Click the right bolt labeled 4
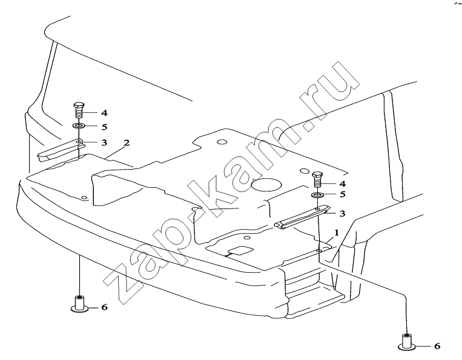[317, 179]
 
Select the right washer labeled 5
[317, 195]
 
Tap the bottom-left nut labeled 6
[79, 304]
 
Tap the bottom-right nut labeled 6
[407, 342]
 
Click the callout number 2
[127, 142]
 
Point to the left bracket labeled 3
[61, 150]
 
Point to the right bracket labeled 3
[302, 217]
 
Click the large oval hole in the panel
[266, 185]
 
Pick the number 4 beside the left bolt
[104, 113]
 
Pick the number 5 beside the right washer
[342, 195]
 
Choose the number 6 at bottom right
[437, 346]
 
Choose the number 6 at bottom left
[104, 307]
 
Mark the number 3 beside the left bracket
[104, 142]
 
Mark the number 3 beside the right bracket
[342, 213]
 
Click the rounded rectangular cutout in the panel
[241, 250]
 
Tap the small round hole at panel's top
[222, 142]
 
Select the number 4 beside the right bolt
[342, 184]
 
